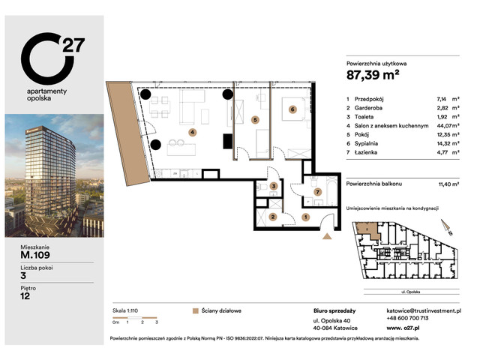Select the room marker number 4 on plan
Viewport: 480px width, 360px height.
pyautogui.click(x=192, y=132)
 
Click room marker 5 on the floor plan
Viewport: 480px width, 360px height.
pyautogui.click(x=255, y=118)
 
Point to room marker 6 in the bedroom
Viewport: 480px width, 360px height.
pyautogui.click(x=292, y=109)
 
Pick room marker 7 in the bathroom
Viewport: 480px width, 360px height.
pyautogui.click(x=317, y=193)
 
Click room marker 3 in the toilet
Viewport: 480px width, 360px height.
pyautogui.click(x=274, y=186)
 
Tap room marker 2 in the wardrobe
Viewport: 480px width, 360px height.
pyautogui.click(x=273, y=217)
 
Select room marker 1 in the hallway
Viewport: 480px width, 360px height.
pyautogui.click(x=305, y=217)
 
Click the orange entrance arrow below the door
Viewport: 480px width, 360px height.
pyautogui.click(x=327, y=236)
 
